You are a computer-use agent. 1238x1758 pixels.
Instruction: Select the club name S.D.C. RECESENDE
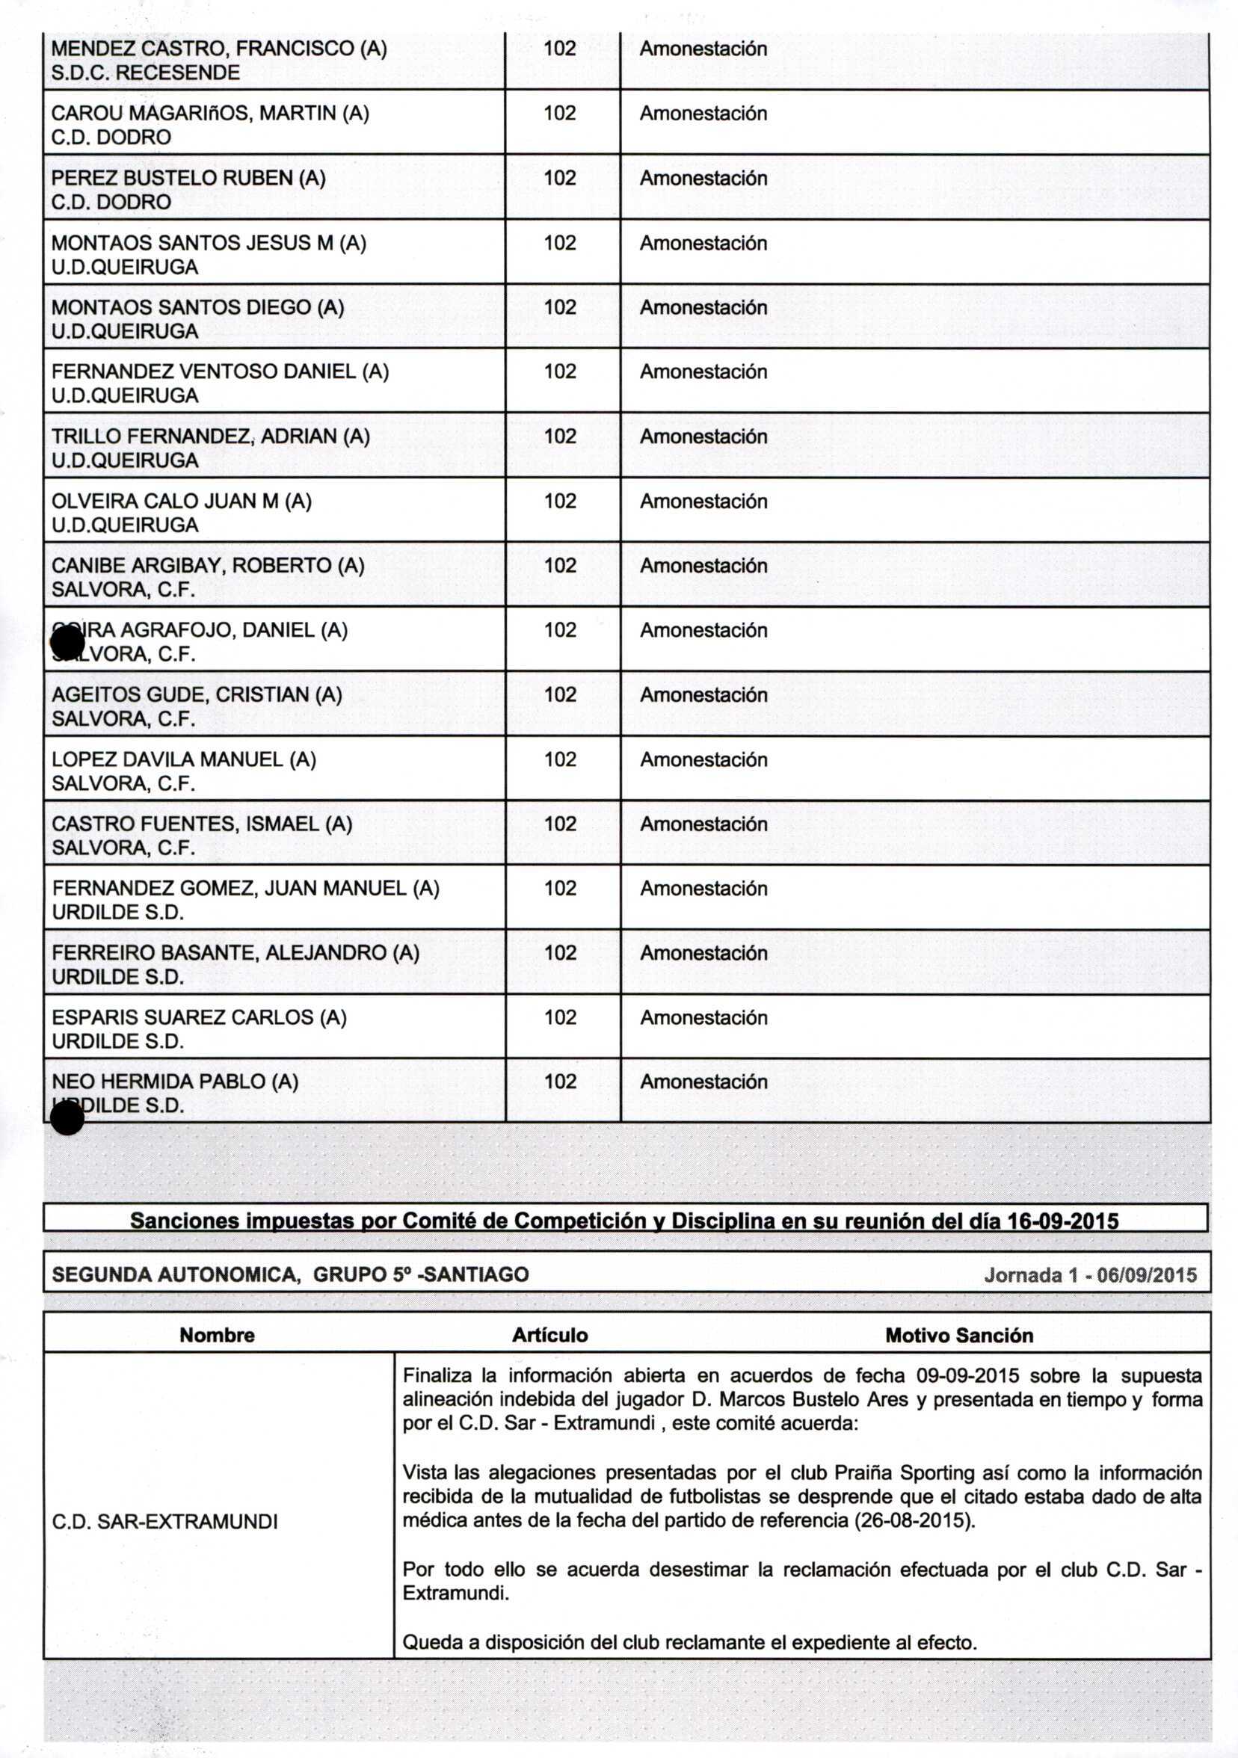pos(146,73)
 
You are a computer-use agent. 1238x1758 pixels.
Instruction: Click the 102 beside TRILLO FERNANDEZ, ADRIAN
pos(560,437)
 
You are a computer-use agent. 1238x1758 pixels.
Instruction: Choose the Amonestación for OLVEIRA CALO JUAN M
pos(703,502)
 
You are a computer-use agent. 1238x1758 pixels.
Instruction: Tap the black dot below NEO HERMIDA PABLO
pos(67,1120)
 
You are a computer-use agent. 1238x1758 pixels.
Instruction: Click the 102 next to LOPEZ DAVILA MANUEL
pos(560,759)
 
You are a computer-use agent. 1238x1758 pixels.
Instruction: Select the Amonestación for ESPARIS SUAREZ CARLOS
pos(703,1017)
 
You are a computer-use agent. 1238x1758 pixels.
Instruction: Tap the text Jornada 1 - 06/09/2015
pos(1089,1275)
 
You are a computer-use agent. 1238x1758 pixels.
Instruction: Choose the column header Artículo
pos(549,1336)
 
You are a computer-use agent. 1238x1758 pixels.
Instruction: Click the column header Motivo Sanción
pos(958,1336)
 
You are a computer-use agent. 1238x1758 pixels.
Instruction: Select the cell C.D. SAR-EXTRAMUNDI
pos(164,1521)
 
